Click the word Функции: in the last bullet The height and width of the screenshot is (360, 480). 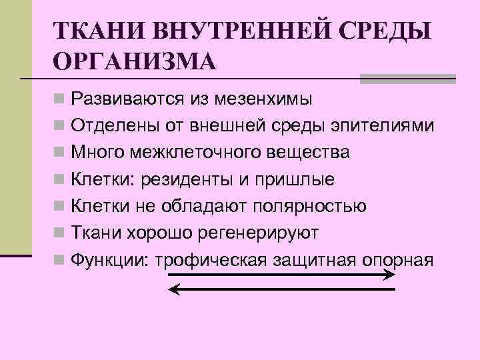tap(109, 259)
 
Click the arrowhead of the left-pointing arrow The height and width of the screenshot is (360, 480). tap(173, 289)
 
